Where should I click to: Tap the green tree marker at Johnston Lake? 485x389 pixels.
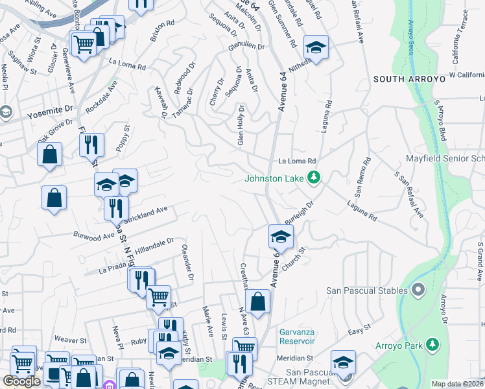coord(314,177)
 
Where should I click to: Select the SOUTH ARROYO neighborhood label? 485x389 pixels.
coord(409,78)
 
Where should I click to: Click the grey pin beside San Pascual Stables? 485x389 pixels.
coord(417,290)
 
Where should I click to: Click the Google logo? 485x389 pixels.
coord(21,381)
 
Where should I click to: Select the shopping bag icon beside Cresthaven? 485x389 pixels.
coord(257,301)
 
